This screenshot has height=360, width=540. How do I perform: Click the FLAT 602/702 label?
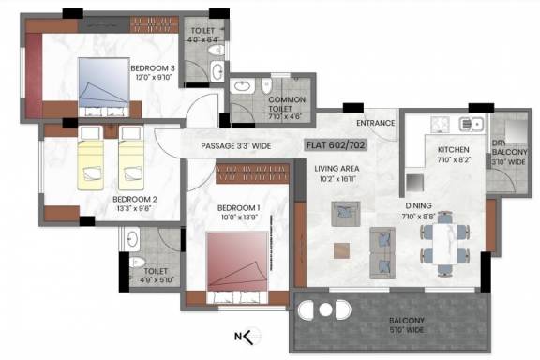337,146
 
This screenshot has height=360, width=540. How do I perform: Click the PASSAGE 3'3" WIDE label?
236,146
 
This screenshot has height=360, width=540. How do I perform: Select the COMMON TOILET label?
287,104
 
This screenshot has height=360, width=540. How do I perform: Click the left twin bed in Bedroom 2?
94,161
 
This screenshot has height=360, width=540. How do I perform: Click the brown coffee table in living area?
341,249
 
